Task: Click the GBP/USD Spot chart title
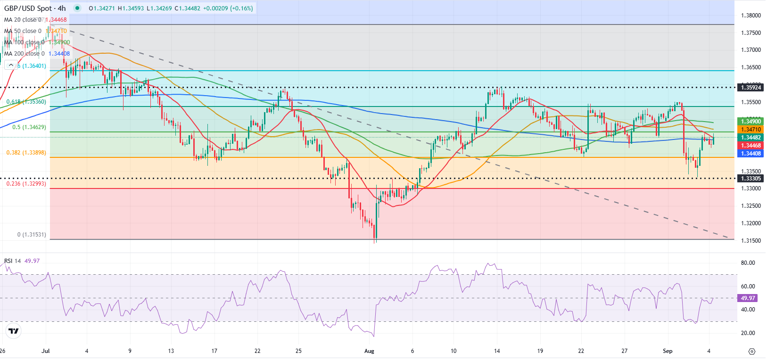35,8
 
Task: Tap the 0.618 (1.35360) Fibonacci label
26,102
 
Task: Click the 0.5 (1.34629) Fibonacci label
29,127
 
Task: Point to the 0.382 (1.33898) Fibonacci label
26,153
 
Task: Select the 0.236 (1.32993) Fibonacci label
26,184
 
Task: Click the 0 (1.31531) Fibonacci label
32,235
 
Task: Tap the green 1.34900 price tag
751,122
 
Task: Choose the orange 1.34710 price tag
751,130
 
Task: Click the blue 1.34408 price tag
751,154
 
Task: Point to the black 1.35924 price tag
751,88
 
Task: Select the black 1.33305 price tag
751,179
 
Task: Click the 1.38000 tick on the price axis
751,16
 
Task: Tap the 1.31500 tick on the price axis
751,241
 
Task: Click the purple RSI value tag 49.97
748,298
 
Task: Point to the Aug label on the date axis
369,351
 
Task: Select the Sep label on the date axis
668,351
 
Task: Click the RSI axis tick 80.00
748,263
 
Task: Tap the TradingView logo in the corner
14,331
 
